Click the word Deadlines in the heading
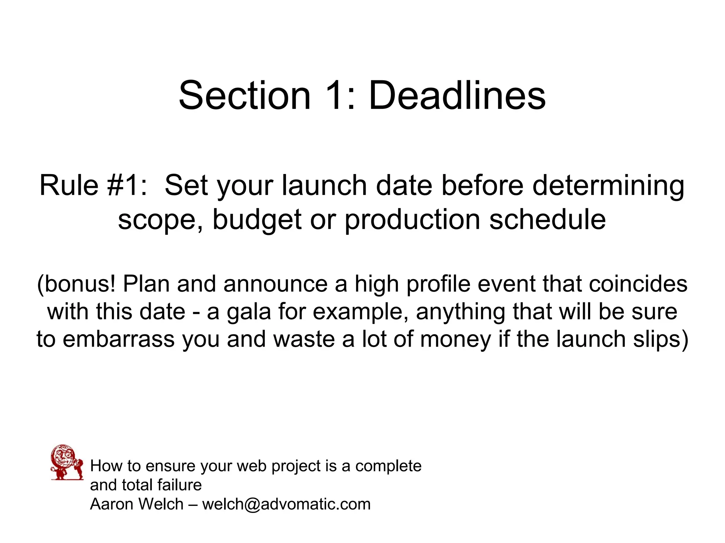point(457,96)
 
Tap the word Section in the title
point(245,96)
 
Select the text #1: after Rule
point(127,185)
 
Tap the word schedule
point(547,219)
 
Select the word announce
point(275,284)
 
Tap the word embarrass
point(119,339)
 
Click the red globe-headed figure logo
point(67,462)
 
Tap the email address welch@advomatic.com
point(286,504)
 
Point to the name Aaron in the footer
point(112,504)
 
